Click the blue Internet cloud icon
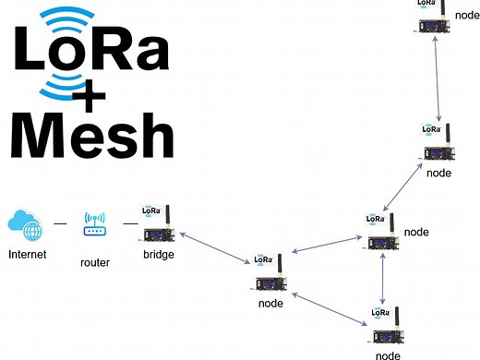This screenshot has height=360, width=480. coord(25,224)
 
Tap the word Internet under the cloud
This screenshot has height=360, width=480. coord(27,254)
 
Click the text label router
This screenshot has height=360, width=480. coord(95,263)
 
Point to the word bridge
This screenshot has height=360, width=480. coord(158,254)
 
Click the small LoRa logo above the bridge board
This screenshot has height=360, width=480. coord(150,210)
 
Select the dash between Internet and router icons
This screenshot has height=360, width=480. coord(60,224)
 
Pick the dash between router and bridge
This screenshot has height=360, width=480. coord(126,224)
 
